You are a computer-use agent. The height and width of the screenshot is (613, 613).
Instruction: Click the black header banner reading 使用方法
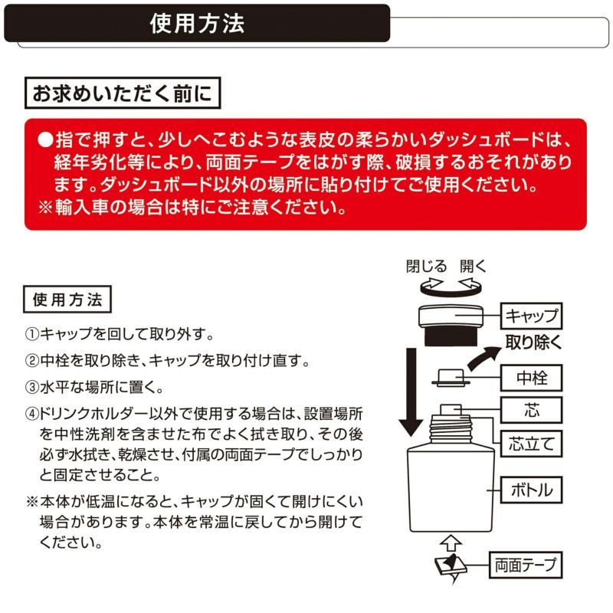(x=197, y=23)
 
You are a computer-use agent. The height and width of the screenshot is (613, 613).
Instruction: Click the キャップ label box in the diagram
(x=531, y=315)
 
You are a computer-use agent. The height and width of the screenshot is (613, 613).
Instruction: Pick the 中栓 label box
(x=531, y=377)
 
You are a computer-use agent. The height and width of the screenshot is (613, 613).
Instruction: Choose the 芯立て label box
(x=531, y=442)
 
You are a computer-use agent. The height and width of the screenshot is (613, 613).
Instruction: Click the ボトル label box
(x=531, y=488)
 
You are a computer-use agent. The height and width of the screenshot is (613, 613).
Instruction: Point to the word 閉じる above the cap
(x=426, y=267)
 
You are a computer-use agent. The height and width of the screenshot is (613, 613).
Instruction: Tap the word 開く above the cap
(x=473, y=267)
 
